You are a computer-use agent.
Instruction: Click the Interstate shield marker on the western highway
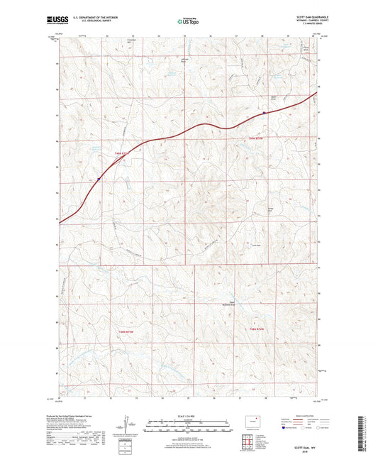99,180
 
